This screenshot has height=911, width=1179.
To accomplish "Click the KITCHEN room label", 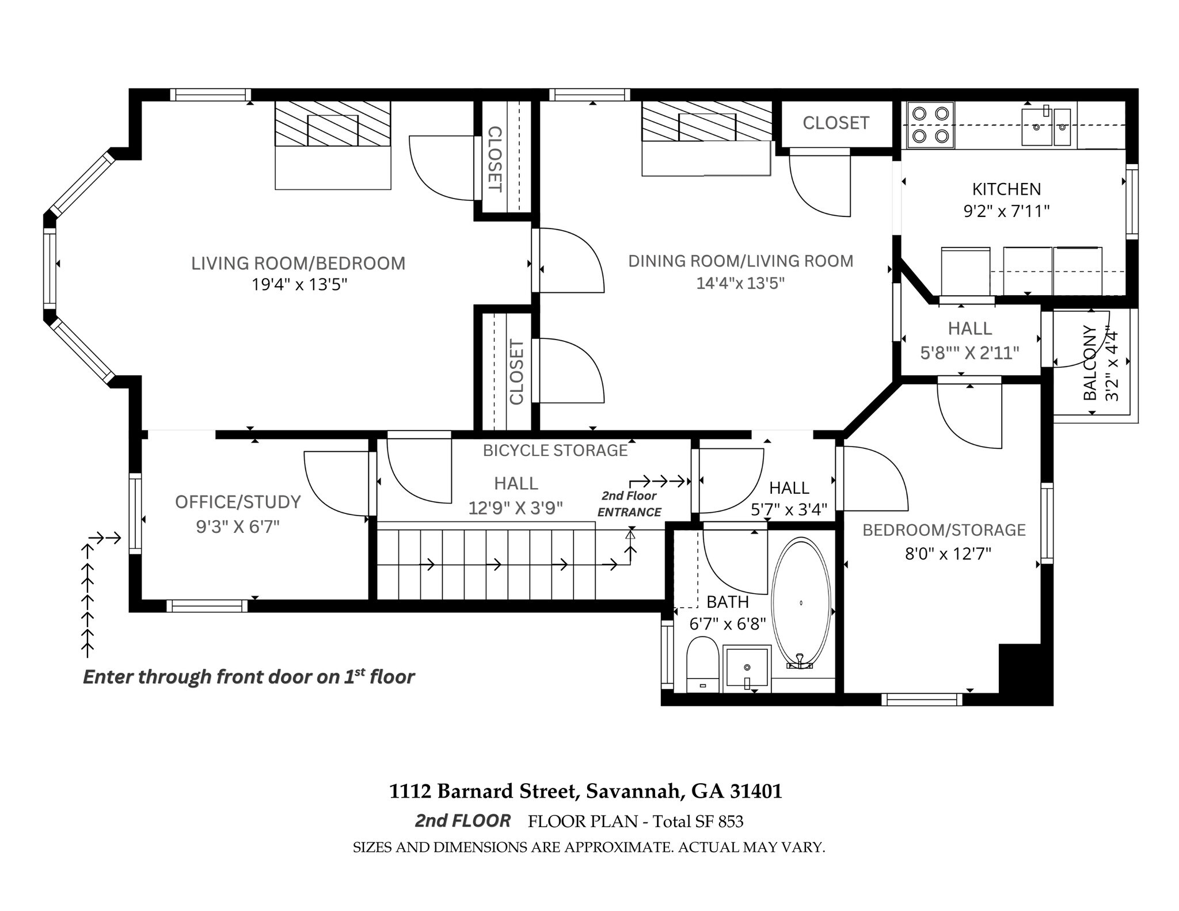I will tap(1006, 189).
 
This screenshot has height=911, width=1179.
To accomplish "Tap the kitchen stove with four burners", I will tap(930, 124).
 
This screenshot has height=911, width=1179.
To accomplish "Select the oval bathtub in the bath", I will tap(801, 603).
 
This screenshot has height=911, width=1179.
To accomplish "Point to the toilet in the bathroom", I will tap(702, 665).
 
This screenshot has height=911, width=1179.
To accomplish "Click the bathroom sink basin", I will tap(747, 668).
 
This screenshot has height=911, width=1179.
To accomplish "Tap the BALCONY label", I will tap(1090, 363).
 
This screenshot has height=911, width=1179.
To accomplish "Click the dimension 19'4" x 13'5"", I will tap(299, 284).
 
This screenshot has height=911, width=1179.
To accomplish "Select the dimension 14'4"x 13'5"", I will tap(740, 283).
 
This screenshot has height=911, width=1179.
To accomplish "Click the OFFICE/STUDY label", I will tap(238, 502).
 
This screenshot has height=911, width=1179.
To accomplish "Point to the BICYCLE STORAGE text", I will tap(555, 450).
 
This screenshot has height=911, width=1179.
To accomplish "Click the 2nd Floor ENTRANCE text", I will tap(629, 504).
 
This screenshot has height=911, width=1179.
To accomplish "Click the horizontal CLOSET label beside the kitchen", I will tap(836, 123).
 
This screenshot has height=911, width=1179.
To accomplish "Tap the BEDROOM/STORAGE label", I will tap(944, 529).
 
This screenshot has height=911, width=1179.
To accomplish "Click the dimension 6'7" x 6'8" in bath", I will tap(728, 624).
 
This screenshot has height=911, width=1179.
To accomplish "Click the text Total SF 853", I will tap(697, 821).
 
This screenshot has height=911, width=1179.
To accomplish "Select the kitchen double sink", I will tap(1046, 127).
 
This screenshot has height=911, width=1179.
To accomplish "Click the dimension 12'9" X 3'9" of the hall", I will tap(515, 508).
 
